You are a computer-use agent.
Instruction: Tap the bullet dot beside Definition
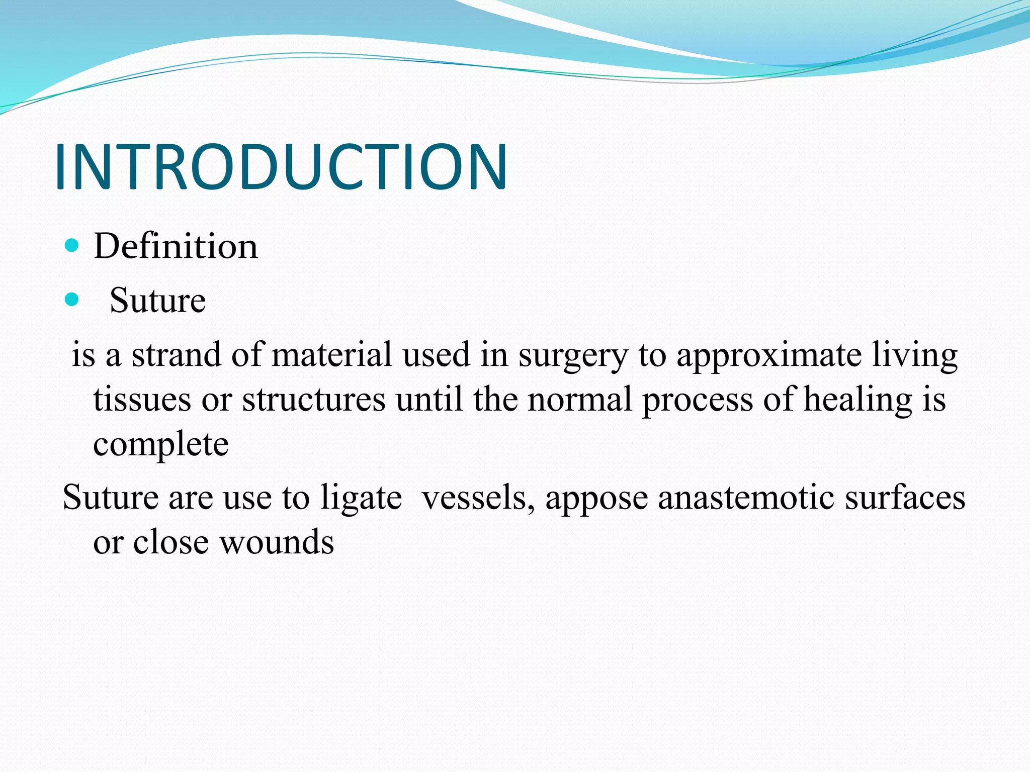pos(72,246)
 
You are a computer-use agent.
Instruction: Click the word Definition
pos(176,246)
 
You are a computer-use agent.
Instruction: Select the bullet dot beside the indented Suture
pos(72,300)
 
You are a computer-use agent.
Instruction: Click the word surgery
pos(573,356)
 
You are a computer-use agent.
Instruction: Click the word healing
pos(857,401)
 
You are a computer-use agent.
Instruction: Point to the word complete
pos(161,445)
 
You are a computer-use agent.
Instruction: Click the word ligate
pos(361,499)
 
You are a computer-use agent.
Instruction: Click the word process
pos(697,401)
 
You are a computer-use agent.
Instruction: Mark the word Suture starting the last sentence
pos(111,498)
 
